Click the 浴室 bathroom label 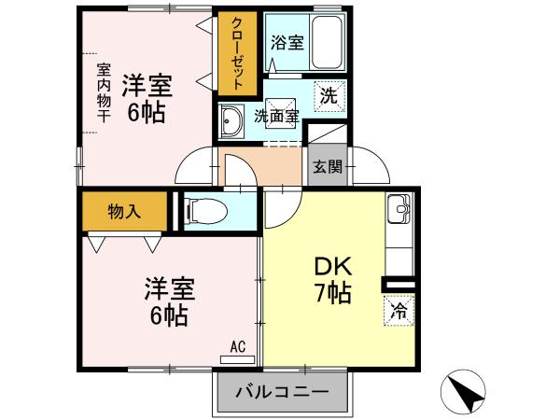pyautogui.click(x=287, y=43)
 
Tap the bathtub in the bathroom pyautogui.click(x=327, y=42)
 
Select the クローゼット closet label pyautogui.click(x=237, y=53)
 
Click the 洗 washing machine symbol pyautogui.click(x=329, y=96)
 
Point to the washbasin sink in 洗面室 pyautogui.click(x=231, y=121)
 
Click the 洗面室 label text pyautogui.click(x=276, y=116)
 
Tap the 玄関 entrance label pyautogui.click(x=328, y=166)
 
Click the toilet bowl pyautogui.click(x=206, y=211)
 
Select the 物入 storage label pyautogui.click(x=124, y=212)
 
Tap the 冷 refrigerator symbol pyautogui.click(x=399, y=311)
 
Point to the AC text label pyautogui.click(x=237, y=347)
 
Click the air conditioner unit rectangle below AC pyautogui.click(x=237, y=359)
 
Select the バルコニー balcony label pyautogui.click(x=282, y=392)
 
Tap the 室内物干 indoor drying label pyautogui.click(x=104, y=92)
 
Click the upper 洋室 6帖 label pyautogui.click(x=147, y=99)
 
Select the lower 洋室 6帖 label pyautogui.click(x=169, y=301)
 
